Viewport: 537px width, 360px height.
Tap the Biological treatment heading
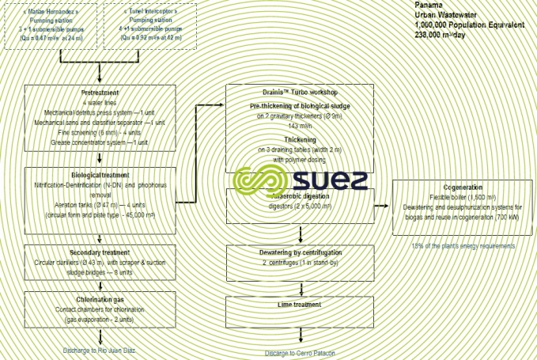(100, 174)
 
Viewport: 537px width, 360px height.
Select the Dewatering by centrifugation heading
(301, 251)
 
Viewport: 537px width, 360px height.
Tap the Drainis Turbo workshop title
(301, 92)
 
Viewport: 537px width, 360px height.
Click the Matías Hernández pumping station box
(52, 26)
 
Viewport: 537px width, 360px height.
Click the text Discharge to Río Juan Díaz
(100, 349)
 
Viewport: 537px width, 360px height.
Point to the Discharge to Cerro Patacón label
(301, 353)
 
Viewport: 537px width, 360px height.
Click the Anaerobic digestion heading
(301, 195)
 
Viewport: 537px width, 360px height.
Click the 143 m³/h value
(301, 126)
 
